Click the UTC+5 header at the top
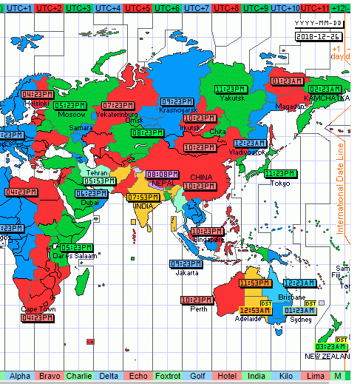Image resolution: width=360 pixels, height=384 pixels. pyautogui.click(x=137, y=7)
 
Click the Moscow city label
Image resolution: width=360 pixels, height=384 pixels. pyautogui.click(x=72, y=115)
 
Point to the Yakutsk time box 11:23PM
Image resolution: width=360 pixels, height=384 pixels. pyautogui.click(x=230, y=89)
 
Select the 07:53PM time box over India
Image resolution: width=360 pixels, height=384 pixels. pyautogui.click(x=143, y=198)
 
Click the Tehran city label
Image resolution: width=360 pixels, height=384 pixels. pyautogui.click(x=98, y=172)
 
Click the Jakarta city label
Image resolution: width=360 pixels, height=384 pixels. pyautogui.click(x=186, y=272)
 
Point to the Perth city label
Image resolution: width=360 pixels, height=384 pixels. pyautogui.click(x=199, y=309)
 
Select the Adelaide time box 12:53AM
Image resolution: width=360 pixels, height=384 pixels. pyautogui.click(x=255, y=310)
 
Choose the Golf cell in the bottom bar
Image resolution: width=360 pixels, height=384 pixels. pyautogui.click(x=197, y=377)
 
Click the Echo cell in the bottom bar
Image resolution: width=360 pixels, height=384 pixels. pyautogui.click(x=137, y=377)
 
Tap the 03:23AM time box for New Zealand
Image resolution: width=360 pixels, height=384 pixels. pyautogui.click(x=330, y=346)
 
